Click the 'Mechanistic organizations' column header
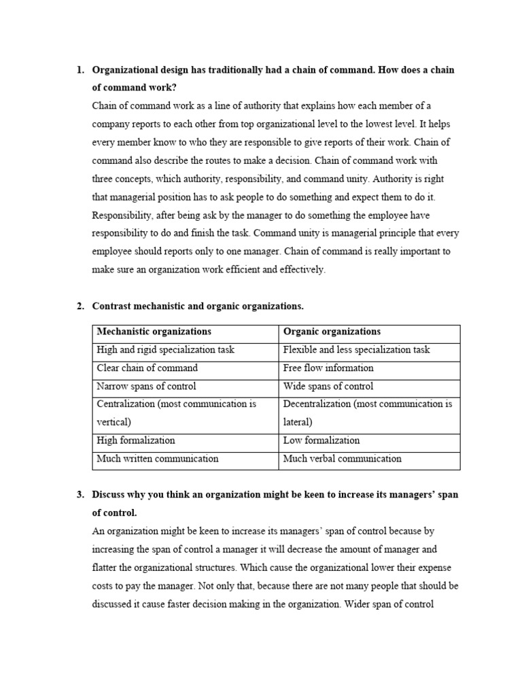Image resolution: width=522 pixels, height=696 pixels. tap(154, 332)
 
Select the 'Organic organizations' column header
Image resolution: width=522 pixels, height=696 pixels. tap(332, 332)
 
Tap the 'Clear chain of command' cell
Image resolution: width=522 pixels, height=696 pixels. tap(147, 368)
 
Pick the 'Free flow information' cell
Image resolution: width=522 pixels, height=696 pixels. tap(328, 368)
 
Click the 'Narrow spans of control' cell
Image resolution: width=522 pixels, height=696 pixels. tap(146, 386)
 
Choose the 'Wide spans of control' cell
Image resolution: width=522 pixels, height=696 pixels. tap(328, 386)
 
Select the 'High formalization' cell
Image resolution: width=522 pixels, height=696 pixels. tap(136, 440)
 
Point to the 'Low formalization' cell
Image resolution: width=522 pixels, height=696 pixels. tap(321, 440)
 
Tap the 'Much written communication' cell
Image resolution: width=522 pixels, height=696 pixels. tap(158, 459)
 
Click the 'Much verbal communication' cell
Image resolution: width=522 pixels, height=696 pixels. tap(343, 459)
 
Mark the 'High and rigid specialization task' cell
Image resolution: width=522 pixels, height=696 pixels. tap(165, 350)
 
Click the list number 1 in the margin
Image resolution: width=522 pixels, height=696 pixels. tap(79, 70)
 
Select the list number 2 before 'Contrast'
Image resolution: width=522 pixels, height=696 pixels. tap(79, 306)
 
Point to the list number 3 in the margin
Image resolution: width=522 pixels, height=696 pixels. tap(79, 495)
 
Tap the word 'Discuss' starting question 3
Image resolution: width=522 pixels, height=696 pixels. tap(109, 495)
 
